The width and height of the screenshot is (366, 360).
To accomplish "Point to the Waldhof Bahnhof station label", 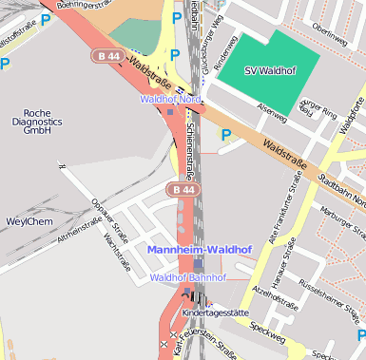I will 188,277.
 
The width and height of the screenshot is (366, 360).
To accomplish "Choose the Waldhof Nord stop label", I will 170,99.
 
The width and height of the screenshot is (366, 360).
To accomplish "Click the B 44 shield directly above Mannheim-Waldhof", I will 183,190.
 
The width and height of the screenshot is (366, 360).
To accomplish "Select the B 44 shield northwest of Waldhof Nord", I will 106,57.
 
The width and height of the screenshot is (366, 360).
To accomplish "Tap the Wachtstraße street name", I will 116,251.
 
